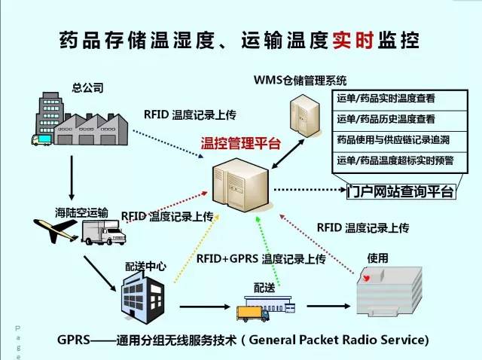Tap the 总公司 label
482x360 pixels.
[x=86, y=87]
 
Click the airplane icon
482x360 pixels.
[x=57, y=231]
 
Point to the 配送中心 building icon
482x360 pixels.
[x=139, y=294]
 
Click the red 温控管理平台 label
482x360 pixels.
[x=240, y=143]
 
